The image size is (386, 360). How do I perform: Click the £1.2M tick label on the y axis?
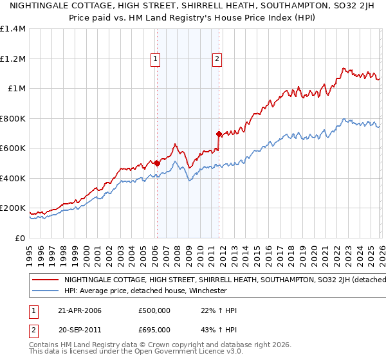click(x=14, y=59)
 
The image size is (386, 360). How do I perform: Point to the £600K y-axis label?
click(x=13, y=148)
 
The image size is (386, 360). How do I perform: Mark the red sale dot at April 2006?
click(x=157, y=163)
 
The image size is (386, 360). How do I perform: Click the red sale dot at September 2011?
click(x=219, y=134)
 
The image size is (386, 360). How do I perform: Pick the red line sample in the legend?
click(x=45, y=280)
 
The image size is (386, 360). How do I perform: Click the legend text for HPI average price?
click(x=145, y=291)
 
